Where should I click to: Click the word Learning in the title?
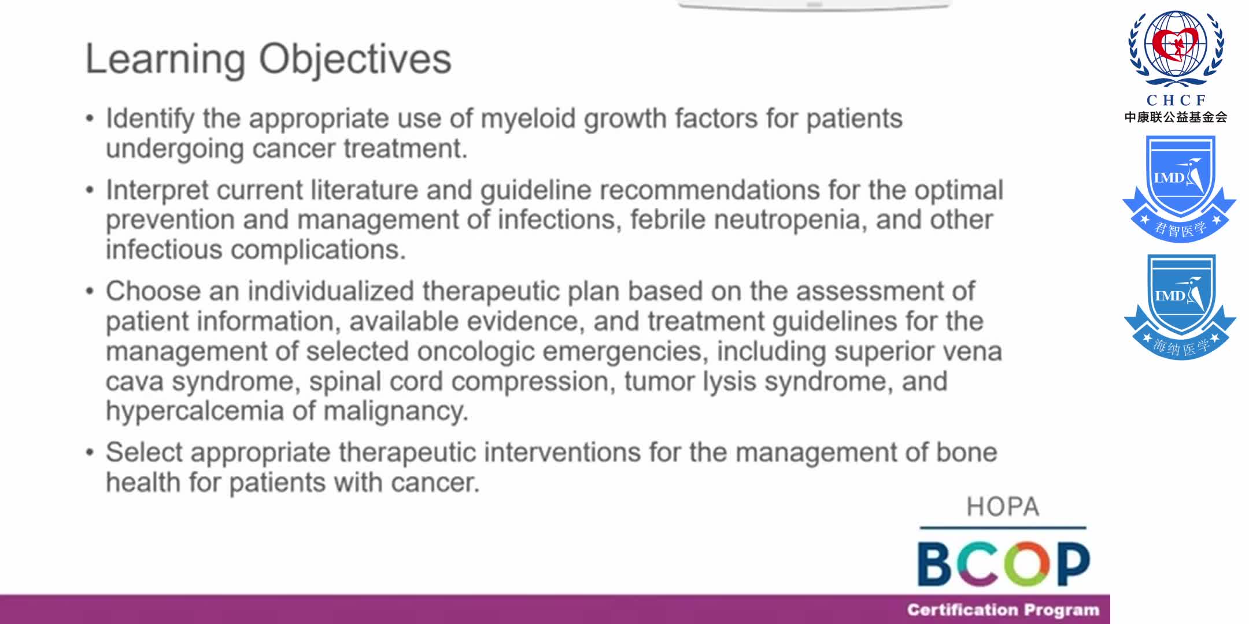(x=165, y=60)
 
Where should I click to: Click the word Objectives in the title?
(x=354, y=60)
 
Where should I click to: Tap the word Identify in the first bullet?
(x=150, y=119)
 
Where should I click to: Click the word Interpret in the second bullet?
(x=156, y=191)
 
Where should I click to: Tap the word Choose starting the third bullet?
(x=153, y=291)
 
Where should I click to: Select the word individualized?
(x=331, y=291)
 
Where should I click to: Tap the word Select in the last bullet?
(x=143, y=452)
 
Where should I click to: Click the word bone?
(x=966, y=452)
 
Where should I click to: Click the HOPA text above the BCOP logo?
(x=1003, y=507)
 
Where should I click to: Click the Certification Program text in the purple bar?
(x=1003, y=610)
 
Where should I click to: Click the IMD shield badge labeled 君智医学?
(x=1179, y=188)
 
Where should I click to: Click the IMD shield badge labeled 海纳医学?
(x=1180, y=306)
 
